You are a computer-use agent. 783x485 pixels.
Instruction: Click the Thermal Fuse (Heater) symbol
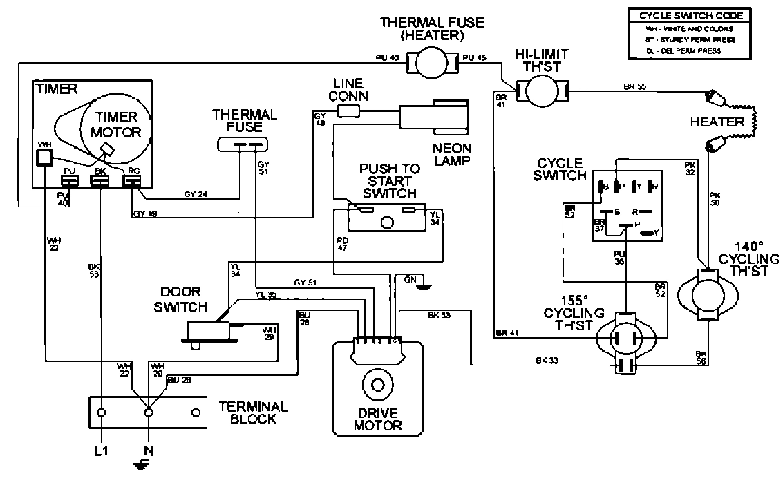tap(434, 64)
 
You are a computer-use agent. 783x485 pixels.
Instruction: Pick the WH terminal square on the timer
tap(44, 158)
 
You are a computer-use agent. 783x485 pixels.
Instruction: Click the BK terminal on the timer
tap(100, 180)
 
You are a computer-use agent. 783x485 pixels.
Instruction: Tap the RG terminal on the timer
tap(131, 180)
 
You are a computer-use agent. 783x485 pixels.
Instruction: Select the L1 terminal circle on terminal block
tap(102, 412)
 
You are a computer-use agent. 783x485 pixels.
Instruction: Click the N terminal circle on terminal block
tap(148, 412)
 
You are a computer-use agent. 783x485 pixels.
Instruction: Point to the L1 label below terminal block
tap(101, 450)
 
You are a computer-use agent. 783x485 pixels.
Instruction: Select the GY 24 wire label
tap(197, 195)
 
